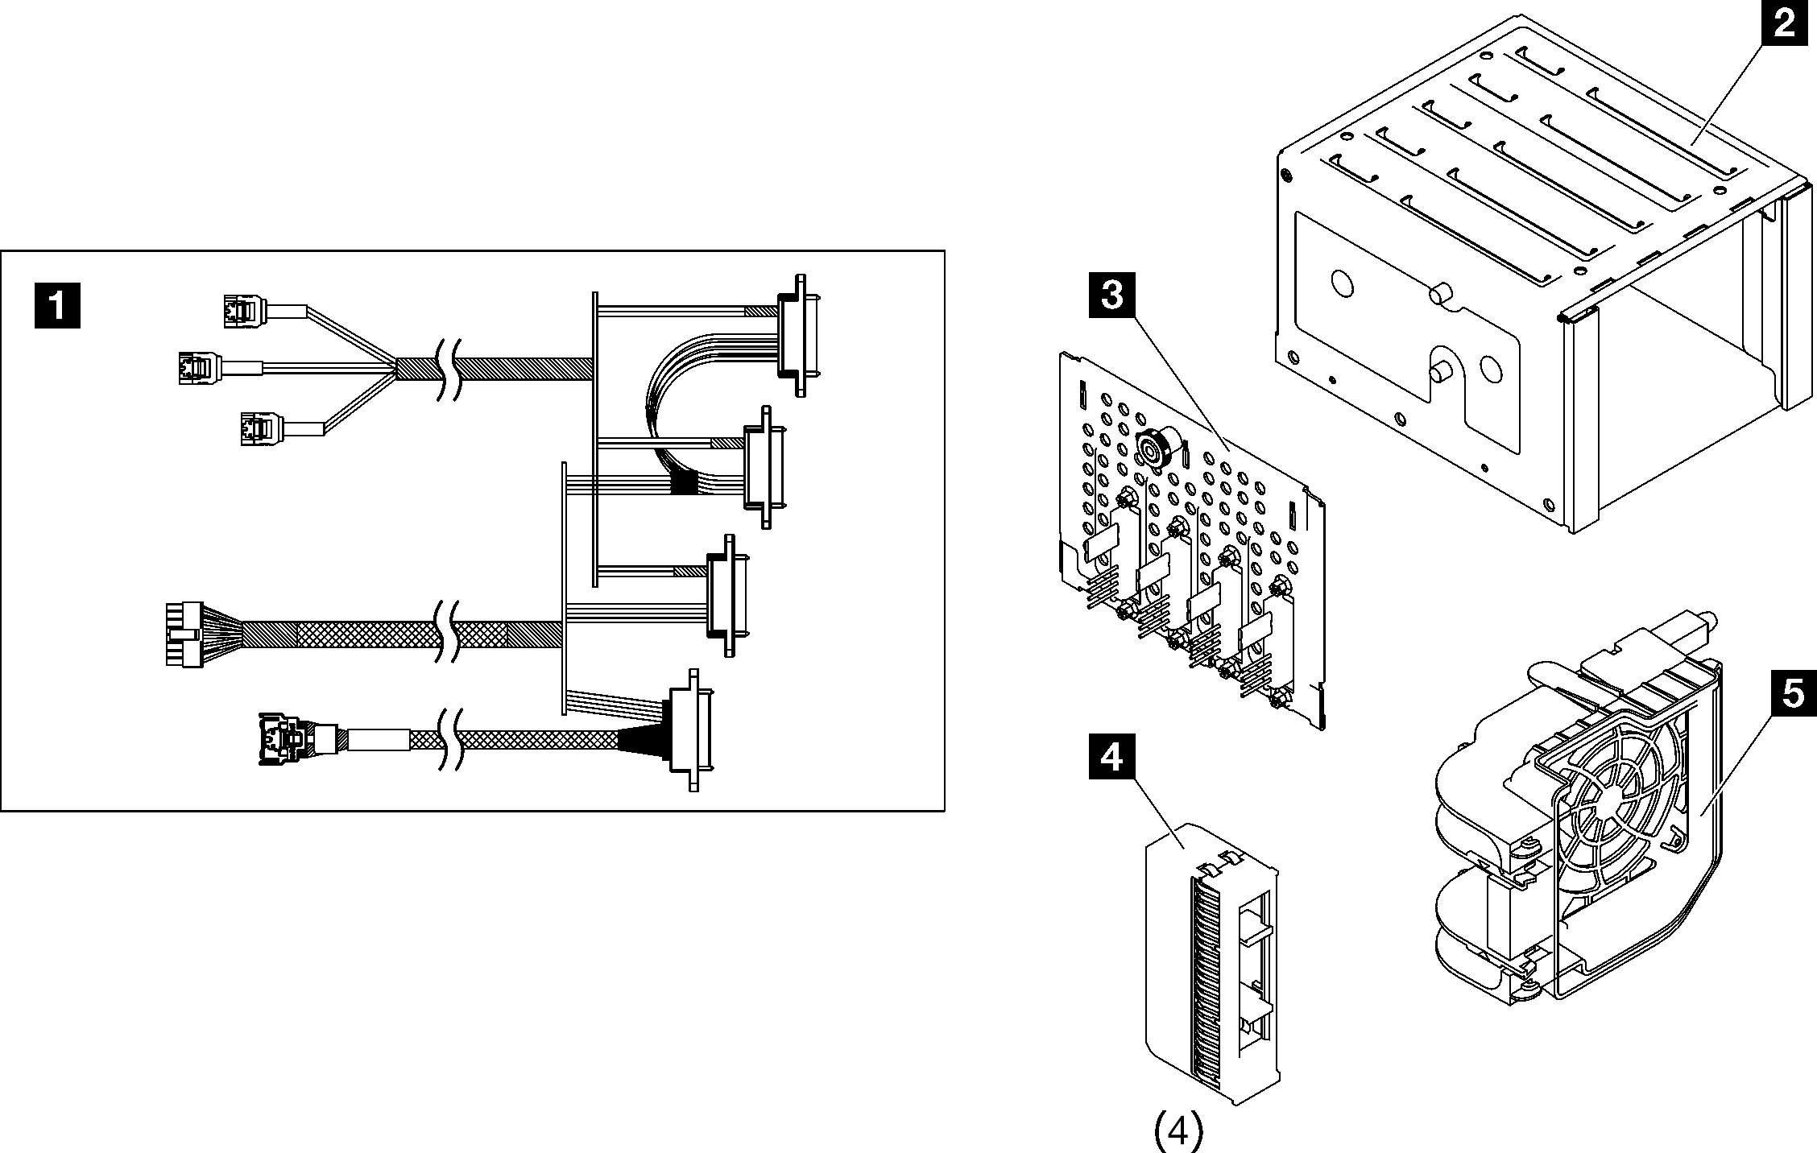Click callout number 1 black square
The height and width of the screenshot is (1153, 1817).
57,305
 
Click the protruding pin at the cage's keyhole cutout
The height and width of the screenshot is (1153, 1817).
1440,374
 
